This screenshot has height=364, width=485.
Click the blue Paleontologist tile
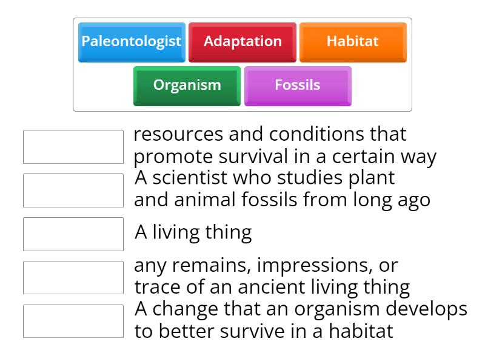132,42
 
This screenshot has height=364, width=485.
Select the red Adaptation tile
242,42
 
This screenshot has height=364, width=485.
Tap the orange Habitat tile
353,42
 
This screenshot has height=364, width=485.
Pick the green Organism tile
187,86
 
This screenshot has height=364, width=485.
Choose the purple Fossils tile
298,86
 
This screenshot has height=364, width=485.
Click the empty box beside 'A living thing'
73,234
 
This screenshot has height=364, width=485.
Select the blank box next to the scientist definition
73,190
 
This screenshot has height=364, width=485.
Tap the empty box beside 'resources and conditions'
73,146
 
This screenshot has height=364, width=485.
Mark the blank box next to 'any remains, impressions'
73,277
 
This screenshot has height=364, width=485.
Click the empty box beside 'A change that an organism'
73,321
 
